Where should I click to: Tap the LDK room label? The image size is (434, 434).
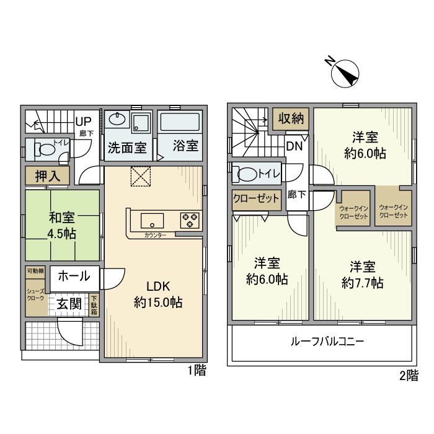(x=158, y=294)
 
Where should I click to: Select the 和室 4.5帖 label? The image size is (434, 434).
(x=62, y=226)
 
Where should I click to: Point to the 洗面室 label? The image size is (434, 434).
(x=127, y=148)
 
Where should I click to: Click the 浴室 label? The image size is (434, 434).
(x=185, y=147)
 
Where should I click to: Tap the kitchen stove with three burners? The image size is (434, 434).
(x=189, y=219)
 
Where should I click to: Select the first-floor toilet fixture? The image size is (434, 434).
(x=46, y=149)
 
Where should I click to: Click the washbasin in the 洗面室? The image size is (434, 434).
(x=118, y=120)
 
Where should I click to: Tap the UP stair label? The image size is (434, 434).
(x=83, y=122)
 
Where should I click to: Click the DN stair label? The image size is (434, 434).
(x=294, y=146)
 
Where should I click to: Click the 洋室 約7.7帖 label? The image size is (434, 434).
(x=363, y=275)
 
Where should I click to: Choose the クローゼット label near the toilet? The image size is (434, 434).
(x=256, y=199)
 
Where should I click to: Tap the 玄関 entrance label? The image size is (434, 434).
(x=69, y=304)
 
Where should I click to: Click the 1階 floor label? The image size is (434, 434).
(x=197, y=371)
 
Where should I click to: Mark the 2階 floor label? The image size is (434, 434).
(x=408, y=375)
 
